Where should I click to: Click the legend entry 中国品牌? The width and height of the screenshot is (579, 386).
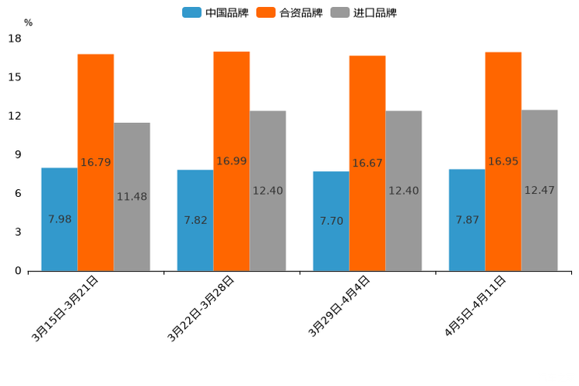[216, 12]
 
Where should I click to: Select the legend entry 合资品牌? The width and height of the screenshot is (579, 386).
[289, 12]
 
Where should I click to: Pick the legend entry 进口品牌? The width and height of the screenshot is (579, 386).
[363, 12]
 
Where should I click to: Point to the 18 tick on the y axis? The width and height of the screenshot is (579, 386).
[15, 39]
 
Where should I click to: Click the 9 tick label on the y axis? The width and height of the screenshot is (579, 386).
[17, 155]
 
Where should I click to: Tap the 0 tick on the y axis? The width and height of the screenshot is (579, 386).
[17, 271]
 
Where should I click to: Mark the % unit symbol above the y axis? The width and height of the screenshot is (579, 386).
[28, 23]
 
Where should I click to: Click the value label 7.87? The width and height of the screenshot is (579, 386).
[467, 220]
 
